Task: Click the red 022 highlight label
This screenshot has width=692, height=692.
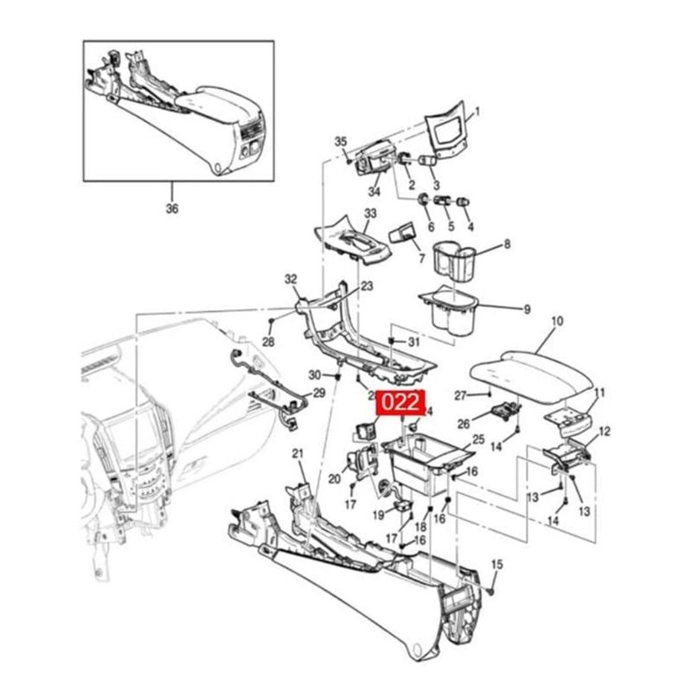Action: coord(400,402)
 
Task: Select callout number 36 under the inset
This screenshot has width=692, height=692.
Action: coord(172,208)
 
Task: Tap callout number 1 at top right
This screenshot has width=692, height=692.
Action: coord(477,112)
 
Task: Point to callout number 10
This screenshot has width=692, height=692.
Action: coord(557,322)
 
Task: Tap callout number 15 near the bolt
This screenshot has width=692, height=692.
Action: coord(497,565)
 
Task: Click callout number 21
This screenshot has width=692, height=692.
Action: coord(298,454)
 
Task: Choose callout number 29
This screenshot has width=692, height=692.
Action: coord(318,394)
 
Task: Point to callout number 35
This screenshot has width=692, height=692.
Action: coord(340,142)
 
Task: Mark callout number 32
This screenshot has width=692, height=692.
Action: coord(291,279)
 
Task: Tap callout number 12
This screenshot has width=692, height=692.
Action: coord(605,431)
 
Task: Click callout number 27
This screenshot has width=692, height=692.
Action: coord(461,395)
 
